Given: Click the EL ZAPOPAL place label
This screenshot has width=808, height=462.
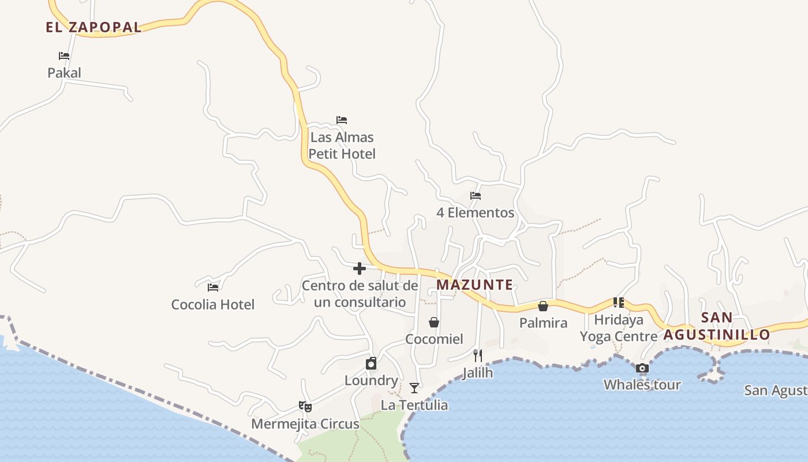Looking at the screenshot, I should pyautogui.click(x=93, y=27).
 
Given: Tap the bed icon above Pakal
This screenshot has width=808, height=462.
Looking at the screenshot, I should pyautogui.click(x=64, y=56).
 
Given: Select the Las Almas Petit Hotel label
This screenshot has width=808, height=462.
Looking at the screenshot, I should pyautogui.click(x=342, y=146).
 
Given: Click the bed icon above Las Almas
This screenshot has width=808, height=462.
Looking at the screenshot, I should pyautogui.click(x=342, y=120).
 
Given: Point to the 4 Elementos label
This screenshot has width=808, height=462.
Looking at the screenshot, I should pyautogui.click(x=475, y=213).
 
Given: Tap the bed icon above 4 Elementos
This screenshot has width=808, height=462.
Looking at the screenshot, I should pyautogui.click(x=476, y=196).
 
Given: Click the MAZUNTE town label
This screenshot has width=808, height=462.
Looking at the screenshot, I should pyautogui.click(x=475, y=285).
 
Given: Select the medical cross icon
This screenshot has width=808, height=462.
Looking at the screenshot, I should pyautogui.click(x=360, y=269).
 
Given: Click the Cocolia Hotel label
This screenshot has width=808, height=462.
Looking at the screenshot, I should pyautogui.click(x=213, y=304).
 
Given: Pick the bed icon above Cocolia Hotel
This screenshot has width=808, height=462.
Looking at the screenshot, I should pyautogui.click(x=213, y=287).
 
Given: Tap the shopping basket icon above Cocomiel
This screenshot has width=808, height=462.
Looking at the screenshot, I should pyautogui.click(x=434, y=322).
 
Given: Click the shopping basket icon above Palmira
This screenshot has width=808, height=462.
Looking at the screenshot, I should pyautogui.click(x=543, y=306).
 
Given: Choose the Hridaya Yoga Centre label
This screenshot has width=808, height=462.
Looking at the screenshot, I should pyautogui.click(x=618, y=328).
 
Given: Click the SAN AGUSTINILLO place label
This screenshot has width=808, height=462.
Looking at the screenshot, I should pyautogui.click(x=717, y=326).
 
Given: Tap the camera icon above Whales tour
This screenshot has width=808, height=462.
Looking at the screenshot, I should pyautogui.click(x=642, y=368).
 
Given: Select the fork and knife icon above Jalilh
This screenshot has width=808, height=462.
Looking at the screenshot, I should pyautogui.click(x=478, y=355).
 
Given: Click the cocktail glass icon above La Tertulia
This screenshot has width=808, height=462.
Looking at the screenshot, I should pyautogui.click(x=414, y=388).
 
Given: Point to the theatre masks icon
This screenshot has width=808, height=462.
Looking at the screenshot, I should pyautogui.click(x=305, y=407).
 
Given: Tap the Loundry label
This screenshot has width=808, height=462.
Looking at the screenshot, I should pyautogui.click(x=371, y=381).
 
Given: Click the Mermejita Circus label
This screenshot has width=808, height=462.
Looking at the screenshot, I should pyautogui.click(x=305, y=424).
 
